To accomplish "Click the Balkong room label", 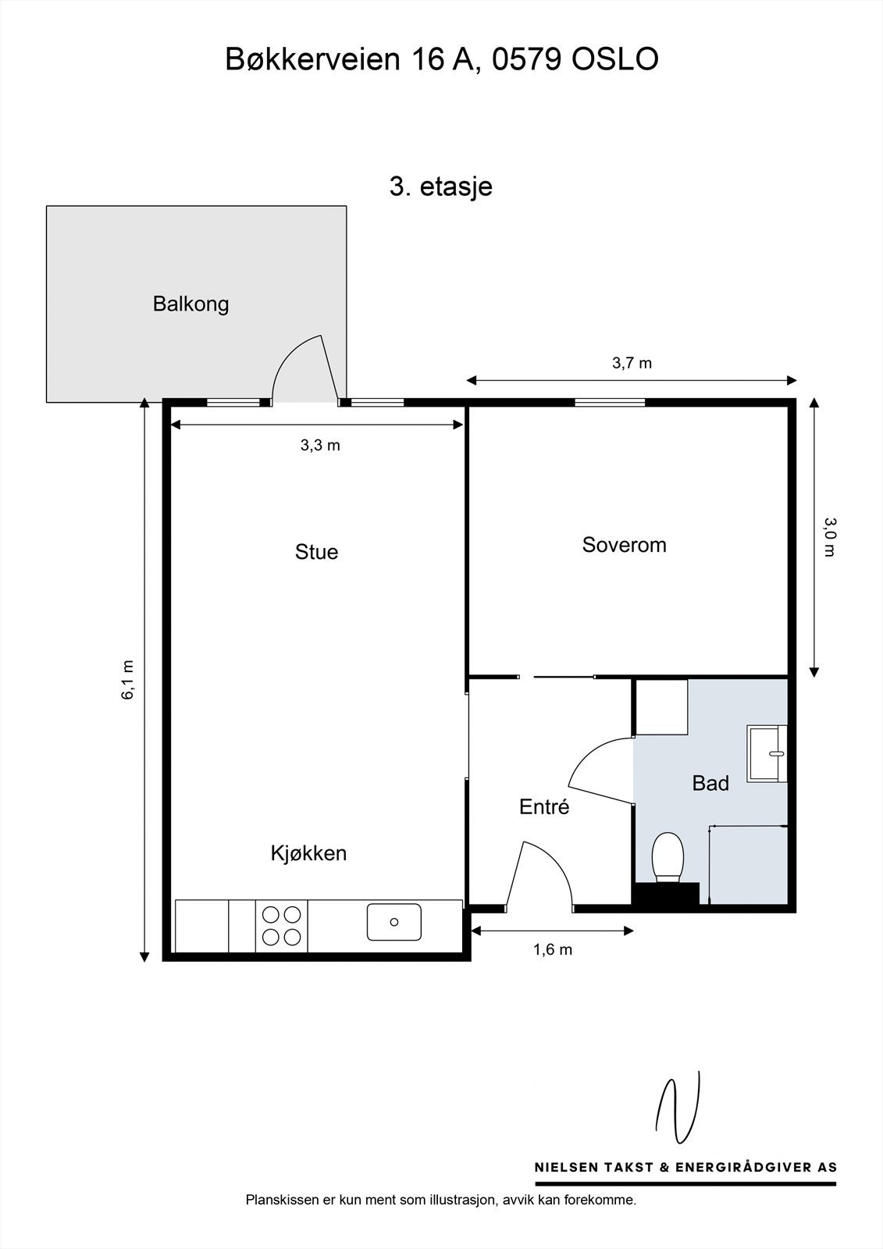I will tap(190, 304).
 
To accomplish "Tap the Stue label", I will tap(316, 552).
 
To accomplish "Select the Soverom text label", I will tap(624, 545).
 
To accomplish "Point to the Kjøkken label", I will tap(308, 853).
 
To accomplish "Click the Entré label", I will tap(544, 807).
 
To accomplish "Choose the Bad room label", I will tap(710, 783).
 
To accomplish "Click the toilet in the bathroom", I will tap(668, 856).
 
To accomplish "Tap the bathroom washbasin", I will tap(767, 753).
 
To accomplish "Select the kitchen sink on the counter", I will tap(394, 922).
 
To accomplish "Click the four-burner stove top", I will tap(282, 925).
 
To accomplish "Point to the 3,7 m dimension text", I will tap(631, 363).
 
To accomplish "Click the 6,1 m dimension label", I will tap(127, 680).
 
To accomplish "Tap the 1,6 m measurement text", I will tap(553, 950).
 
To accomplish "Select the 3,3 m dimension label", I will tap(320, 446).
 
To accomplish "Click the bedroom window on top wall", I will tap(611, 403).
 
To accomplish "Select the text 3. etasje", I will tap(441, 187).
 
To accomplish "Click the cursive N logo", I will tap(677, 1109).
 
